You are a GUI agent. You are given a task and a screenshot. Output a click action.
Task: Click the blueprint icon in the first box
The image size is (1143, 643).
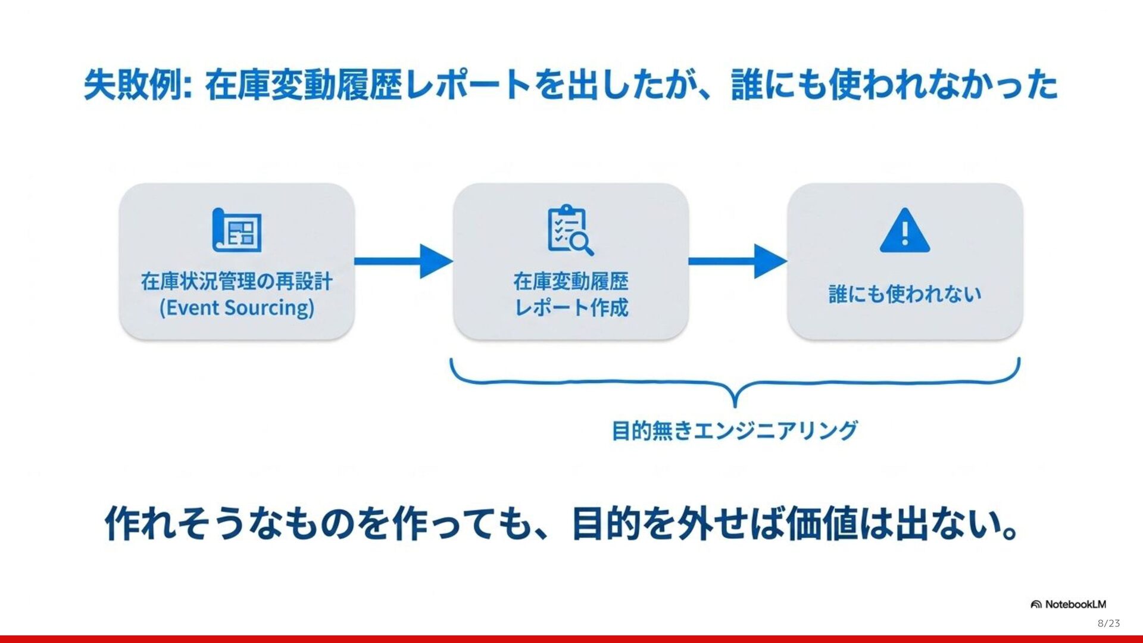point(237,230)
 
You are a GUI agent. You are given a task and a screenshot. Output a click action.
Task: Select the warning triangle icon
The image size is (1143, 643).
point(904,231)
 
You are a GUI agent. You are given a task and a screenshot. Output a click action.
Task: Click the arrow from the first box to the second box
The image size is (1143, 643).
point(404,261)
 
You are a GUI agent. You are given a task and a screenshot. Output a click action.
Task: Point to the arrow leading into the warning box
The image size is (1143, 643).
point(738,261)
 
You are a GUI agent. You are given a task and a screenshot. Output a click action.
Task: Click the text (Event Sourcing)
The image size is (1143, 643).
point(236,308)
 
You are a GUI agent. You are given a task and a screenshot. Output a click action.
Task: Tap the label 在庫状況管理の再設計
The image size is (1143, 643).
point(236,281)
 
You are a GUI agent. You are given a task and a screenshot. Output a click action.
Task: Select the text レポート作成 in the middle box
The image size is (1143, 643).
point(571,308)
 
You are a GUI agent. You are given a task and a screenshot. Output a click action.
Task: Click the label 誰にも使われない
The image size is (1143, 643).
point(904,294)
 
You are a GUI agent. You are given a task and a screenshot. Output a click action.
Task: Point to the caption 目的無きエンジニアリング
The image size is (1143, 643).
point(735,430)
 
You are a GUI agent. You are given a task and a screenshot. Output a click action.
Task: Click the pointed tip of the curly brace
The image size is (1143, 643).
point(735,405)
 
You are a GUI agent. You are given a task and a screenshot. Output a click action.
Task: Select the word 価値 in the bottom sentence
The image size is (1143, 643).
point(822,524)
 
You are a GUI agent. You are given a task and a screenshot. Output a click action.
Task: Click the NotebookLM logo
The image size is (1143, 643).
point(1069,604)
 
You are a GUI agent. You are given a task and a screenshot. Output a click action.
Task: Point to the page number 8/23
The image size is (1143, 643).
point(1108,623)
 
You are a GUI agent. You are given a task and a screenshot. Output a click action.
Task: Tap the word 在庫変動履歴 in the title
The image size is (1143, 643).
point(304,85)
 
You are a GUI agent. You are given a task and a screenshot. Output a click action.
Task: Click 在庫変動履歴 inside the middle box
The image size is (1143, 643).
point(571,281)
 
